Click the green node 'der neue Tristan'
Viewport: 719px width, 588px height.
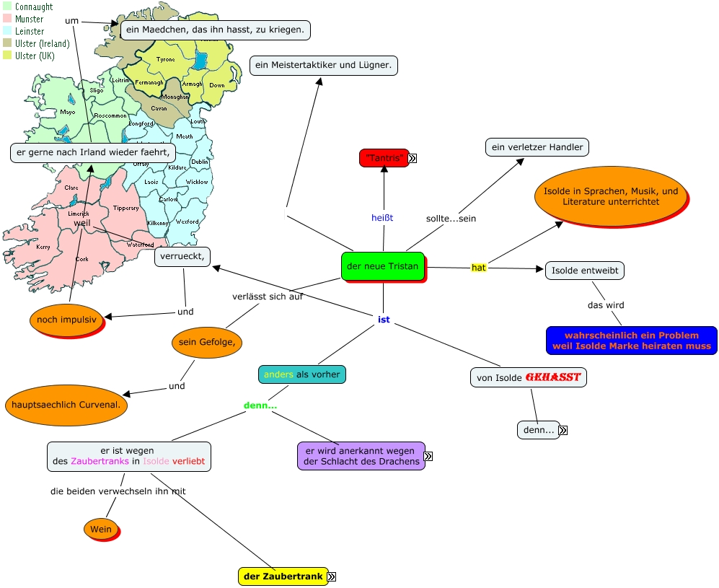tap(382, 266)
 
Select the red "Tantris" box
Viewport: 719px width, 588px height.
tap(384, 157)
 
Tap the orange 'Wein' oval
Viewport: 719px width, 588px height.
tap(101, 530)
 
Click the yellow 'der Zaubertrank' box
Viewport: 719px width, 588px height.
tap(283, 576)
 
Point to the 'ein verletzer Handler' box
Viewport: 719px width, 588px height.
tap(537, 147)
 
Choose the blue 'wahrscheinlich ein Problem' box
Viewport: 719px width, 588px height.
tap(631, 341)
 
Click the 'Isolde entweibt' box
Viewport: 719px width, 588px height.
tap(584, 271)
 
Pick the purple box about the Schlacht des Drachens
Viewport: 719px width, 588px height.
tap(361, 456)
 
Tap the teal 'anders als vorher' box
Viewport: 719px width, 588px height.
tap(302, 374)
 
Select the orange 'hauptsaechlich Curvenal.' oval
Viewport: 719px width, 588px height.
tap(66, 405)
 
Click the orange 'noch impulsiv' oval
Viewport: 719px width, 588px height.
tap(66, 320)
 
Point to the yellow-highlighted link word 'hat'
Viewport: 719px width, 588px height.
tap(478, 268)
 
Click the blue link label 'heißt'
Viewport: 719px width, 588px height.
tap(382, 217)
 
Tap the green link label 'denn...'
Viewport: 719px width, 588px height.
tap(260, 405)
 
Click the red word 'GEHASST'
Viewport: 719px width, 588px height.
tap(552, 377)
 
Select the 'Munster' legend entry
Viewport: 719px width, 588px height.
tap(29, 19)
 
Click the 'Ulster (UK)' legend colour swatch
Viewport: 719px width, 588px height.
tap(7, 56)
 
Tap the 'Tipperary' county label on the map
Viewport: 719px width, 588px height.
tap(125, 208)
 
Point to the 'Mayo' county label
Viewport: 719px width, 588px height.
tap(68, 112)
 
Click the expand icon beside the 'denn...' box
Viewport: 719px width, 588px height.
tap(563, 431)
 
